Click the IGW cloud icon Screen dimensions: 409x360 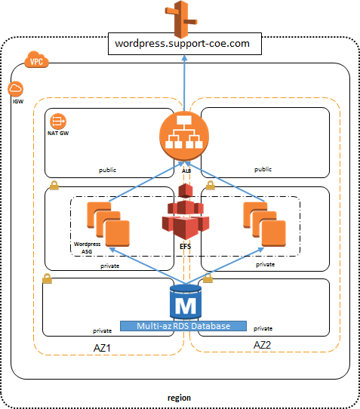(17, 90)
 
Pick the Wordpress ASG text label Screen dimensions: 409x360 (88, 248)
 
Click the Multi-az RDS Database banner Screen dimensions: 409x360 (183, 326)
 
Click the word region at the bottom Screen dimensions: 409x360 (179, 397)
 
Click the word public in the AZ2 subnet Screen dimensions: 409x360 (263, 171)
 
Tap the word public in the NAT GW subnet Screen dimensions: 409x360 (108, 171)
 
